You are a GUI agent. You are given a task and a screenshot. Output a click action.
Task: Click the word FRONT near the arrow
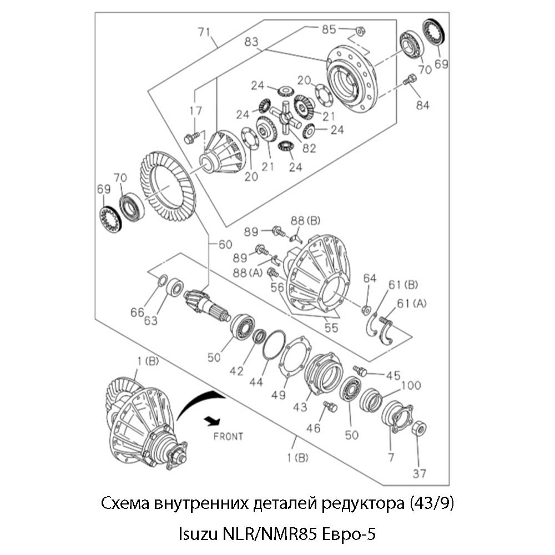point(228,436)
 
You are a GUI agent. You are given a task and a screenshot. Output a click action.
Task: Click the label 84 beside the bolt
point(422,105)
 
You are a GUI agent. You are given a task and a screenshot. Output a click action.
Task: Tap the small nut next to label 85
point(359,31)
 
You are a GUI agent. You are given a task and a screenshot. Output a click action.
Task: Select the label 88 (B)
point(306,221)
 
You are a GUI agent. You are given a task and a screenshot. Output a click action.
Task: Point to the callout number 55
point(331,327)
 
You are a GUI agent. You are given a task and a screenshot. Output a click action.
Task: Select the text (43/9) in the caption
point(431,504)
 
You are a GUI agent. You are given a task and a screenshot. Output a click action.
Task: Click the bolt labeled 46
point(330,407)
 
